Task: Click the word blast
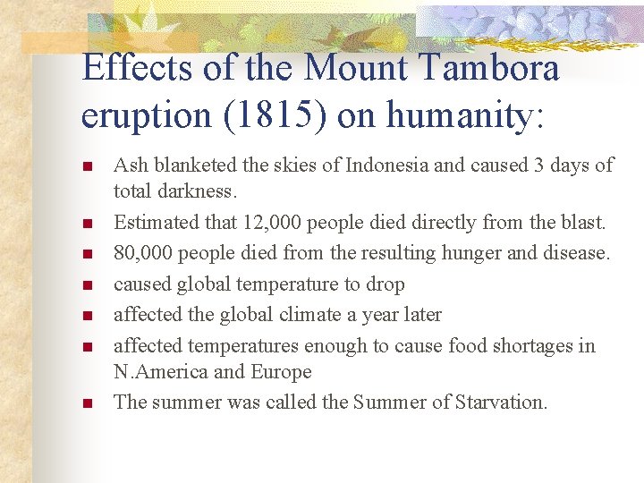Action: pos(582,223)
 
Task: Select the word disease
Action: pos(570,253)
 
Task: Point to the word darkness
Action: pos(197,191)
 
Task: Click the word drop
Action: pos(385,284)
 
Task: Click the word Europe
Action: pos(281,371)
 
